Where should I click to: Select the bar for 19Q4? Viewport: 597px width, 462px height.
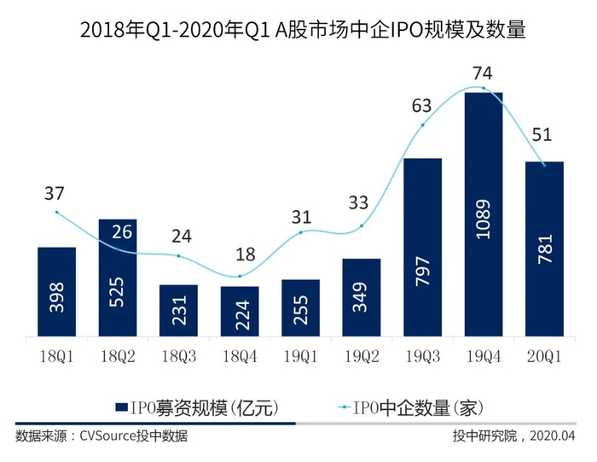tap(483, 213)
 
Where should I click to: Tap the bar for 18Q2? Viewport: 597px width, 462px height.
tap(118, 278)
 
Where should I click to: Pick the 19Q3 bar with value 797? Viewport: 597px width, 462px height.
tap(422, 248)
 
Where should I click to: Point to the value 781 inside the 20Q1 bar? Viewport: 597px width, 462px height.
tap(544, 249)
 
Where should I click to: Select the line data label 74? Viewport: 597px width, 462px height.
tap(484, 73)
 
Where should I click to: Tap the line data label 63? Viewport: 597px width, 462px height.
tap(423, 106)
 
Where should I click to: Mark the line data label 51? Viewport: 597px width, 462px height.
tap(544, 134)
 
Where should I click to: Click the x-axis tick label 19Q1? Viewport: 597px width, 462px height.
tap(300, 353)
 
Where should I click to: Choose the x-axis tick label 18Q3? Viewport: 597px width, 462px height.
tap(178, 353)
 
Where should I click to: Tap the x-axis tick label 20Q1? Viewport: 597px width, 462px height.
tap(544, 353)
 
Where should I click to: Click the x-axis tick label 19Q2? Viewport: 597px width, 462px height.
tap(362, 353)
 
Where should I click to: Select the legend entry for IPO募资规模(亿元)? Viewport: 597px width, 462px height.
tap(197, 407)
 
